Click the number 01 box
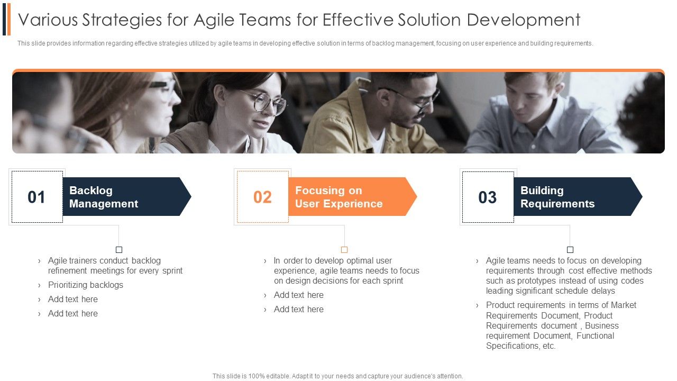click(37, 197)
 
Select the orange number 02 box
click(262, 197)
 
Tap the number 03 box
click(488, 197)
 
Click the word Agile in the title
click(217, 20)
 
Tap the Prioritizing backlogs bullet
click(86, 285)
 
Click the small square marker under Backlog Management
click(119, 250)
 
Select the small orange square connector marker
click(344, 250)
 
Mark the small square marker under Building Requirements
click(570, 250)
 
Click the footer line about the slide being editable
click(337, 376)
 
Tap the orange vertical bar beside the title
click(8, 19)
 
